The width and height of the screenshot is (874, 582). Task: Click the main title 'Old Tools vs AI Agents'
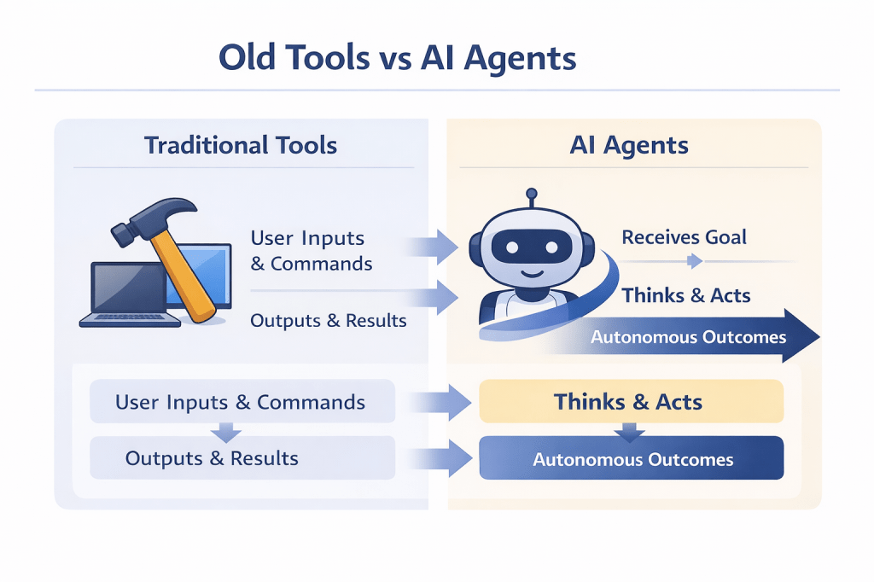click(398, 58)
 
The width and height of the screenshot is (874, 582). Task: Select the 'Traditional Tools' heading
click(241, 145)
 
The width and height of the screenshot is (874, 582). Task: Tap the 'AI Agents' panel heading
click(629, 145)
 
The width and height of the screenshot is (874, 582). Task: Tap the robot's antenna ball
click(532, 194)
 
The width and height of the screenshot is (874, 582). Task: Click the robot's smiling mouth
click(533, 274)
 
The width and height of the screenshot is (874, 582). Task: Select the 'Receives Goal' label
click(684, 237)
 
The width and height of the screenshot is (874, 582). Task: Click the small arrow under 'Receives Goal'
click(695, 260)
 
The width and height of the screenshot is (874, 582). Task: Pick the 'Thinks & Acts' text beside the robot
click(686, 295)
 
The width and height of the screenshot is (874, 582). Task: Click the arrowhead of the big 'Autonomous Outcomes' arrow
click(801, 336)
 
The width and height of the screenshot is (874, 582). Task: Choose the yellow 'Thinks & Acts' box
click(632, 401)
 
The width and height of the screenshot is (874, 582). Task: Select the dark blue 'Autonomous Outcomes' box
click(632, 458)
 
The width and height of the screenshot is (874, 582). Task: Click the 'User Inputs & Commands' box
click(242, 401)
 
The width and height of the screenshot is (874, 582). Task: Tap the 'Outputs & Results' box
click(242, 458)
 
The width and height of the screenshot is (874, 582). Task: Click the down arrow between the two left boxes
click(225, 432)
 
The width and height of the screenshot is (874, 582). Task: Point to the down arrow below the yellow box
click(630, 433)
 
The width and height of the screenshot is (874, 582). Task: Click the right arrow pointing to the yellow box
click(441, 402)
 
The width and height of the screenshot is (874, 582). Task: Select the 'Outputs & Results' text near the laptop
click(329, 321)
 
